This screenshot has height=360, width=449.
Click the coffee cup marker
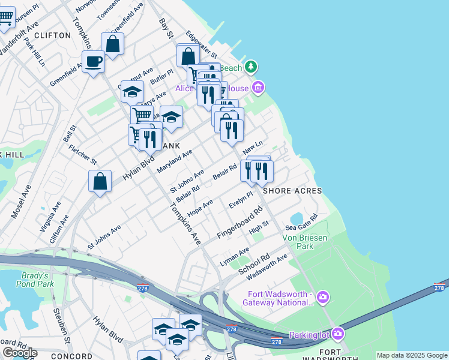tap(93, 62)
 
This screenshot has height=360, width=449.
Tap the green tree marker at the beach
tap(252, 66)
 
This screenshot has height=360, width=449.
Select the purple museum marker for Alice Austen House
tap(258, 88)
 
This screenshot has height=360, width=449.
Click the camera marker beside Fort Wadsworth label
tap(323, 297)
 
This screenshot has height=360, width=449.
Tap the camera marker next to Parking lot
tap(338, 334)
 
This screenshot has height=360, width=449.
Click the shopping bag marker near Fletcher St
tap(100, 181)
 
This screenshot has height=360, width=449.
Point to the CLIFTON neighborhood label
tap(53, 35)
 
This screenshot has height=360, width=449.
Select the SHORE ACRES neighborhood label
tap(292, 191)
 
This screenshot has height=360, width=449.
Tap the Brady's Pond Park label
tap(35, 280)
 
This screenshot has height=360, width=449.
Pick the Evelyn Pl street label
tap(241, 200)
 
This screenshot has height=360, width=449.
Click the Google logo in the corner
tap(20, 353)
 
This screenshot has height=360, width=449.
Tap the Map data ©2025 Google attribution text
tap(412, 355)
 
